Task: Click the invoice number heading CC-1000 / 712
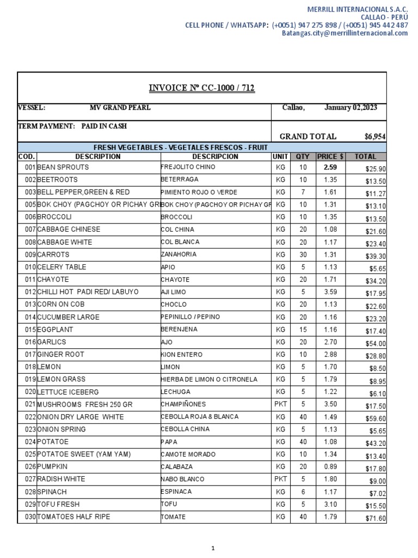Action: coord(202,88)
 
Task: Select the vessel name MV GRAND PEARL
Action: coord(120,108)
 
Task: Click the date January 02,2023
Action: coord(351,108)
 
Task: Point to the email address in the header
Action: coord(345,33)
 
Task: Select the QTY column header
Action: coord(303,157)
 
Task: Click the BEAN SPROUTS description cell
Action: coord(63,167)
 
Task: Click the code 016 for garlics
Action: coord(30,342)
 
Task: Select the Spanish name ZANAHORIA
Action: coord(179,254)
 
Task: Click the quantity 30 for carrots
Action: coord(303,254)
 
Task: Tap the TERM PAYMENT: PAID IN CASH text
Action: coord(72,126)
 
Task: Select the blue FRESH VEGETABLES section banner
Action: coord(202,148)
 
